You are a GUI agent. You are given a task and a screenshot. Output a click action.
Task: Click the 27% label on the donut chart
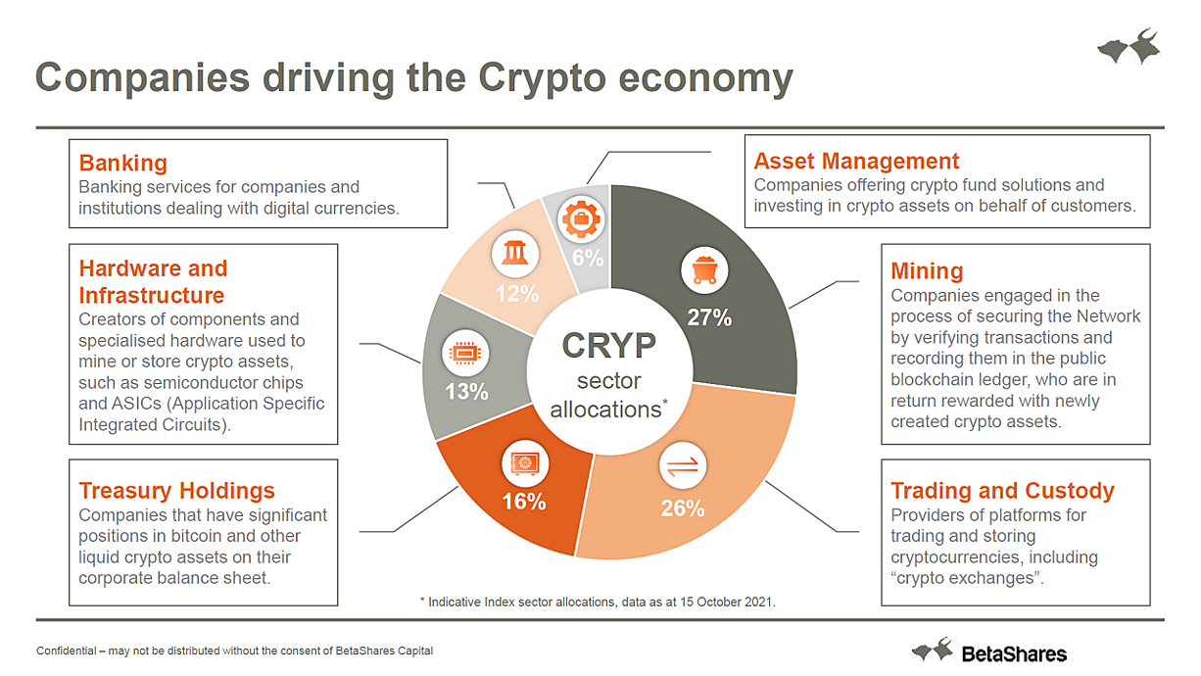tap(709, 317)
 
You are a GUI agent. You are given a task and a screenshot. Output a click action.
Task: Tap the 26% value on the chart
tap(683, 508)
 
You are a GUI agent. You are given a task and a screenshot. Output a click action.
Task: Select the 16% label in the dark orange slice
tap(524, 502)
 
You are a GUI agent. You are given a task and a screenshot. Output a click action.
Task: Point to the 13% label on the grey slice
tap(466, 391)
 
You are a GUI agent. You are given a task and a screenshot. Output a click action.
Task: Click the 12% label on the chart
tap(517, 294)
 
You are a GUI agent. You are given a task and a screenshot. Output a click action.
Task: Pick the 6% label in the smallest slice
tap(588, 258)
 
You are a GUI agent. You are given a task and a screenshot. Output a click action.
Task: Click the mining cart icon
tap(704, 269)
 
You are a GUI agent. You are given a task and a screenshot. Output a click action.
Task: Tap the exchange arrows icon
tap(683, 465)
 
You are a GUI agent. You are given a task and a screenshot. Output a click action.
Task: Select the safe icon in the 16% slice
tap(525, 463)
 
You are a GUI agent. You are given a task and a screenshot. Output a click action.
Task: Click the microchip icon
tap(465, 353)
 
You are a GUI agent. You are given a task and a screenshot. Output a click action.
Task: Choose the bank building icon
tap(515, 254)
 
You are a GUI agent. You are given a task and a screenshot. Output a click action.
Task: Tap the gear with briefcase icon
tap(581, 218)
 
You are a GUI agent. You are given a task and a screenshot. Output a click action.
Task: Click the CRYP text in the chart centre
tap(608, 345)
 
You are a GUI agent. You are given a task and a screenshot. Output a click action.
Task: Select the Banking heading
tap(122, 163)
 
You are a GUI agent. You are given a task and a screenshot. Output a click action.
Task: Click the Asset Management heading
tap(856, 161)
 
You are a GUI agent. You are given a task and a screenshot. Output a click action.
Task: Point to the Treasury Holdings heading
tap(176, 491)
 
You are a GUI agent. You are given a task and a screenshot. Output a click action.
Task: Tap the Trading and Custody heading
tap(1002, 491)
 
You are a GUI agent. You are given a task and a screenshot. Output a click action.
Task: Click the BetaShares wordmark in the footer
tap(1014, 654)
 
